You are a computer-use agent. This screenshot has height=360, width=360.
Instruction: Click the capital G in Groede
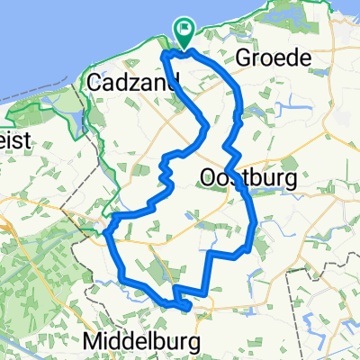pyautogui.click(x=242, y=58)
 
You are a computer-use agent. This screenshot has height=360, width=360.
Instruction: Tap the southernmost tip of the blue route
pyautogui.click(x=186, y=309)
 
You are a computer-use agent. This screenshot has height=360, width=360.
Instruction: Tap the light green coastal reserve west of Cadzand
pyautogui.click(x=63, y=99)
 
